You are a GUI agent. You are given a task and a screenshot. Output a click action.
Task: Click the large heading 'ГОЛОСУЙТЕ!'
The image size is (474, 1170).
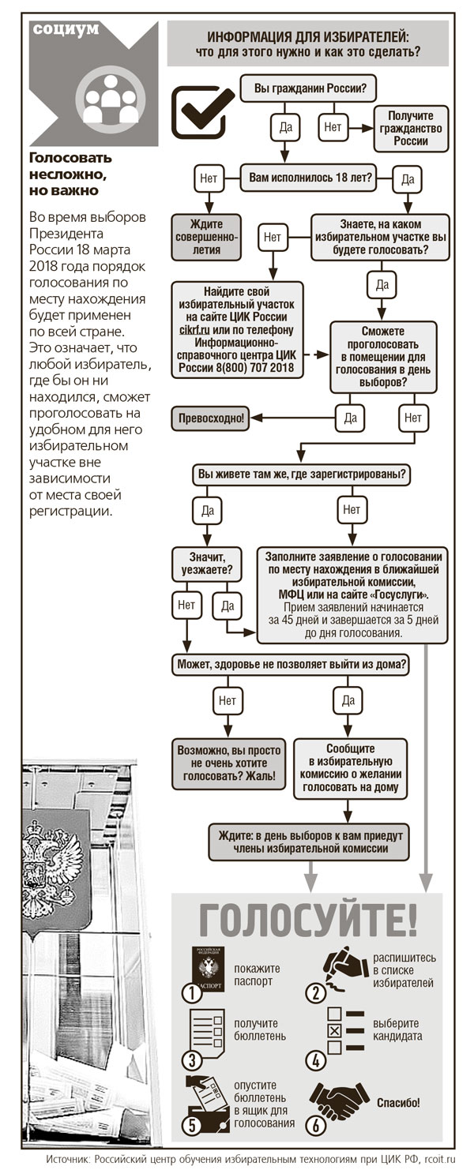(307, 919)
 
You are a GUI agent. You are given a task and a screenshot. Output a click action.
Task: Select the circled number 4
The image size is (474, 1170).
(315, 1058)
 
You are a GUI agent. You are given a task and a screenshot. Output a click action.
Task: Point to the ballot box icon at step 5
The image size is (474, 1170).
(204, 1100)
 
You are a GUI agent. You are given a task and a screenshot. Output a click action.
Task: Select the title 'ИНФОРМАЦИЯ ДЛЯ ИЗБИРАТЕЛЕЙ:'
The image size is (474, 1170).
(308, 36)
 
